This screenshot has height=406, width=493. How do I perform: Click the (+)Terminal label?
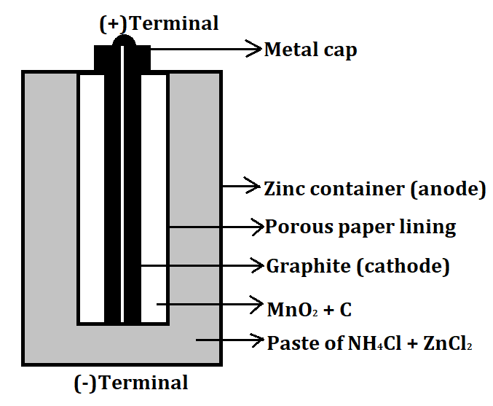click(159, 23)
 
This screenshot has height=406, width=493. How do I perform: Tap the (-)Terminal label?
click(131, 382)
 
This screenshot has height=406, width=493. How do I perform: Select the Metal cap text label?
click(310, 50)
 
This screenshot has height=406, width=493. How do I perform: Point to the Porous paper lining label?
click(360, 227)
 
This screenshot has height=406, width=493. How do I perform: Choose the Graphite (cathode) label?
click(358, 266)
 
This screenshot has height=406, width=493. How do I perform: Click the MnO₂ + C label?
click(309, 309)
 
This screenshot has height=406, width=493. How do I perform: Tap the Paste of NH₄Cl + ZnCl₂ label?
click(370, 343)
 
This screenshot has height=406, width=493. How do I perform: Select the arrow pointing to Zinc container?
click(241, 187)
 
